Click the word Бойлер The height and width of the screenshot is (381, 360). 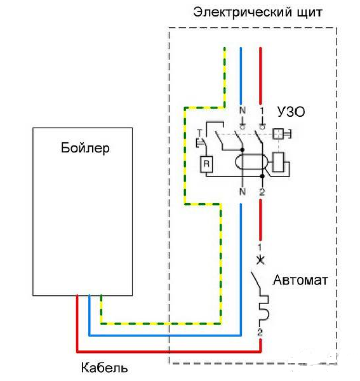[x=85, y=148]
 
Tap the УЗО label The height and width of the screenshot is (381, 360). [x=291, y=112]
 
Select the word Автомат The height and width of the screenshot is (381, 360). [x=300, y=280]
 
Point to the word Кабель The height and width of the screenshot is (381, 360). [x=105, y=368]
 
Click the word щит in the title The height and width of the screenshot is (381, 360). [x=310, y=13]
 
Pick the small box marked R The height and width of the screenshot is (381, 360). [x=206, y=164]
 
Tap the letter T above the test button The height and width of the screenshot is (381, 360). [x=199, y=133]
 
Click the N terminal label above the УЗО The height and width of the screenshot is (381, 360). [x=242, y=110]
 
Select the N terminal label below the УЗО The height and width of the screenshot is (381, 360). [x=242, y=192]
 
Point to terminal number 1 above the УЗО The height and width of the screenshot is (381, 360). [x=262, y=110]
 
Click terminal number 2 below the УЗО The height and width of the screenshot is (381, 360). [x=262, y=192]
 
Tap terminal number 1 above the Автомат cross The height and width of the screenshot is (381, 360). [x=260, y=248]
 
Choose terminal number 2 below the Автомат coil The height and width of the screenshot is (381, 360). [x=260, y=332]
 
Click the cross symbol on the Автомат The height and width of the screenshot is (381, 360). [x=261, y=260]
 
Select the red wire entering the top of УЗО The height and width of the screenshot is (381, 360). [x=261, y=76]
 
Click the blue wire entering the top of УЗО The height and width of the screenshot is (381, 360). [x=241, y=76]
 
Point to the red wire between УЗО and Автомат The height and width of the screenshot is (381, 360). [x=260, y=220]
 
